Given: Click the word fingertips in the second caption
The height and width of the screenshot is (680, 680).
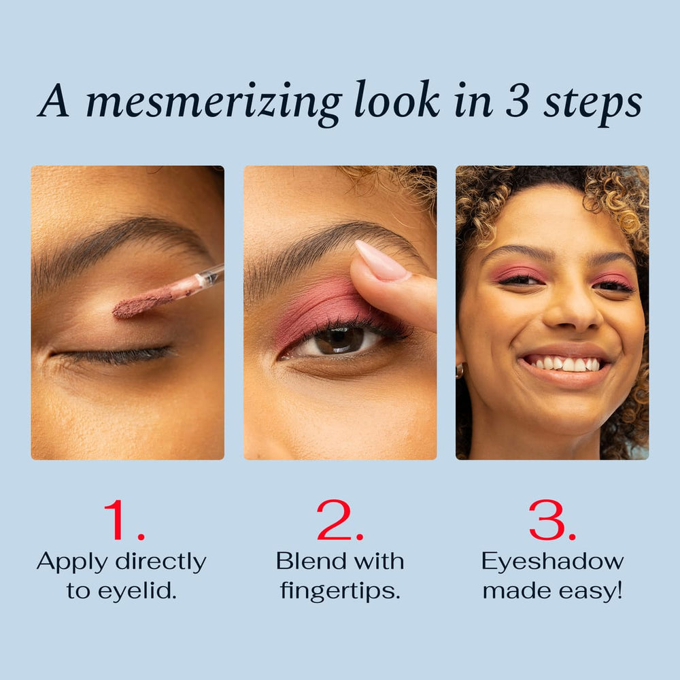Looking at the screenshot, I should (339, 590).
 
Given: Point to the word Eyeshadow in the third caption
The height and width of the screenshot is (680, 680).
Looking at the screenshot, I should (552, 562).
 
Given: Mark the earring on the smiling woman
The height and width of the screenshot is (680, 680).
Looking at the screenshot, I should (460, 371).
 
